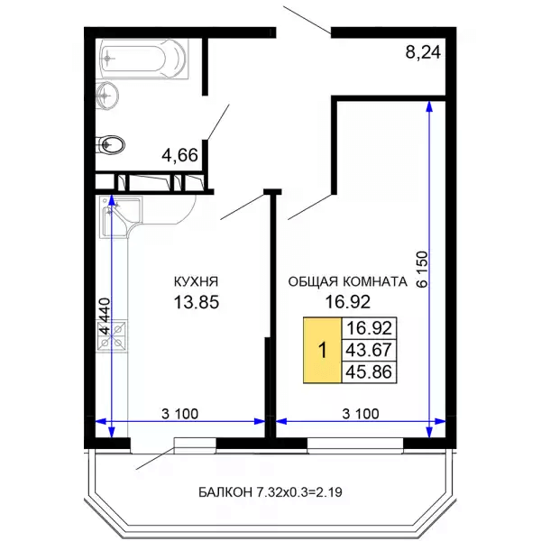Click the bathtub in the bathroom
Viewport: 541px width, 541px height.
point(145,59)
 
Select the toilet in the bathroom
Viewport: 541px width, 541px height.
point(110,145)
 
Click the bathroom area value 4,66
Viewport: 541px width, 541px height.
point(179,155)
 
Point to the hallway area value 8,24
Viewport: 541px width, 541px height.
point(423,53)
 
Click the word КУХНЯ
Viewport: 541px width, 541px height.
point(196,282)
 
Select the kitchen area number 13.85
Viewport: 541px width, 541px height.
point(197,303)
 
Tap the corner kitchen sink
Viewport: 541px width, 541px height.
point(121,216)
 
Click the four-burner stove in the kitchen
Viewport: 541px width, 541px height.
point(113,335)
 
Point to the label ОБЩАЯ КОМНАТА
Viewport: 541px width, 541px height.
point(348,282)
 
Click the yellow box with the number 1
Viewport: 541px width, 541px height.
point(322,350)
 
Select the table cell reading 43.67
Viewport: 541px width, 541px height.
point(369,350)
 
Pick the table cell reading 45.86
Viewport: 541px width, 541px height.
point(369,372)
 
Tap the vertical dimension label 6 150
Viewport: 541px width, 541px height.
point(422,270)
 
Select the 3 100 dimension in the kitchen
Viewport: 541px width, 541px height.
point(179,413)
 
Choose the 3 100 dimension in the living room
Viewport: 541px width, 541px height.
point(360,413)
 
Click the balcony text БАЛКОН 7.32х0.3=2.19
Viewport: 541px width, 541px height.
point(270,492)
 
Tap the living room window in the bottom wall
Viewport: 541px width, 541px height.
point(355,444)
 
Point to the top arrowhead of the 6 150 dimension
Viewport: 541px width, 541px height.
point(429,105)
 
